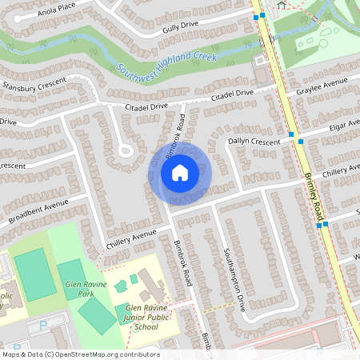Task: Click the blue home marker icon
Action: coord(180,173)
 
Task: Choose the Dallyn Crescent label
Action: coord(254,142)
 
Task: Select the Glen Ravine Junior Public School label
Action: coord(152,317)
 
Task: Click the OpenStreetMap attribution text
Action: coord(80,354)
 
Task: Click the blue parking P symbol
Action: coord(44,326)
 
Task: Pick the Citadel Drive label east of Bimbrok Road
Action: coord(231,94)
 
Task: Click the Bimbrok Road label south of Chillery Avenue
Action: coord(183,263)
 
